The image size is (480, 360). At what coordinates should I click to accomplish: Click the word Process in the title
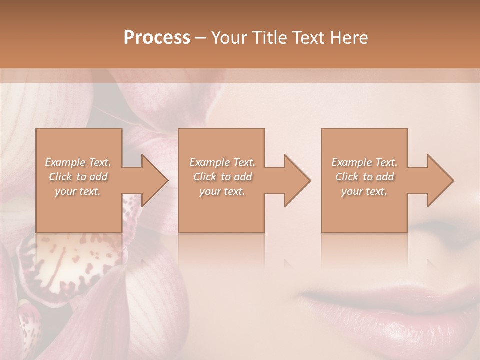tap(157, 38)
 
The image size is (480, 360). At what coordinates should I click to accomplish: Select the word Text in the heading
tap(310, 38)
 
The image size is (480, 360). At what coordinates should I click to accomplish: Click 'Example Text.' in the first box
tap(78, 162)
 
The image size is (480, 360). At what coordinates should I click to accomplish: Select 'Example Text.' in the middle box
tap(222, 162)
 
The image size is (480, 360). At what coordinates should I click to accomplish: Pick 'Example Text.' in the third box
tap(364, 162)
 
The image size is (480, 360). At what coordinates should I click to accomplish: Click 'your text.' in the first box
tap(78, 191)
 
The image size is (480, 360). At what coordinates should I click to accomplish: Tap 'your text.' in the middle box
tap(222, 191)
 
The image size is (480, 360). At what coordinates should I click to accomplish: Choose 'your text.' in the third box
tap(364, 191)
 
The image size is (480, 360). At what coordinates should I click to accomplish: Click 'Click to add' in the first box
tap(78, 177)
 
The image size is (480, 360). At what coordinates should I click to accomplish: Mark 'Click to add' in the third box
tap(364, 177)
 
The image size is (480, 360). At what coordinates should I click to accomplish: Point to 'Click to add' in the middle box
tap(222, 177)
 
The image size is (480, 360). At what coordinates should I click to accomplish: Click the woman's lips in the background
tap(395, 310)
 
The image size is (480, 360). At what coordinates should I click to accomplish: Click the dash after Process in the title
tap(201, 38)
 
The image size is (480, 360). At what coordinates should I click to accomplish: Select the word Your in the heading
tap(228, 38)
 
